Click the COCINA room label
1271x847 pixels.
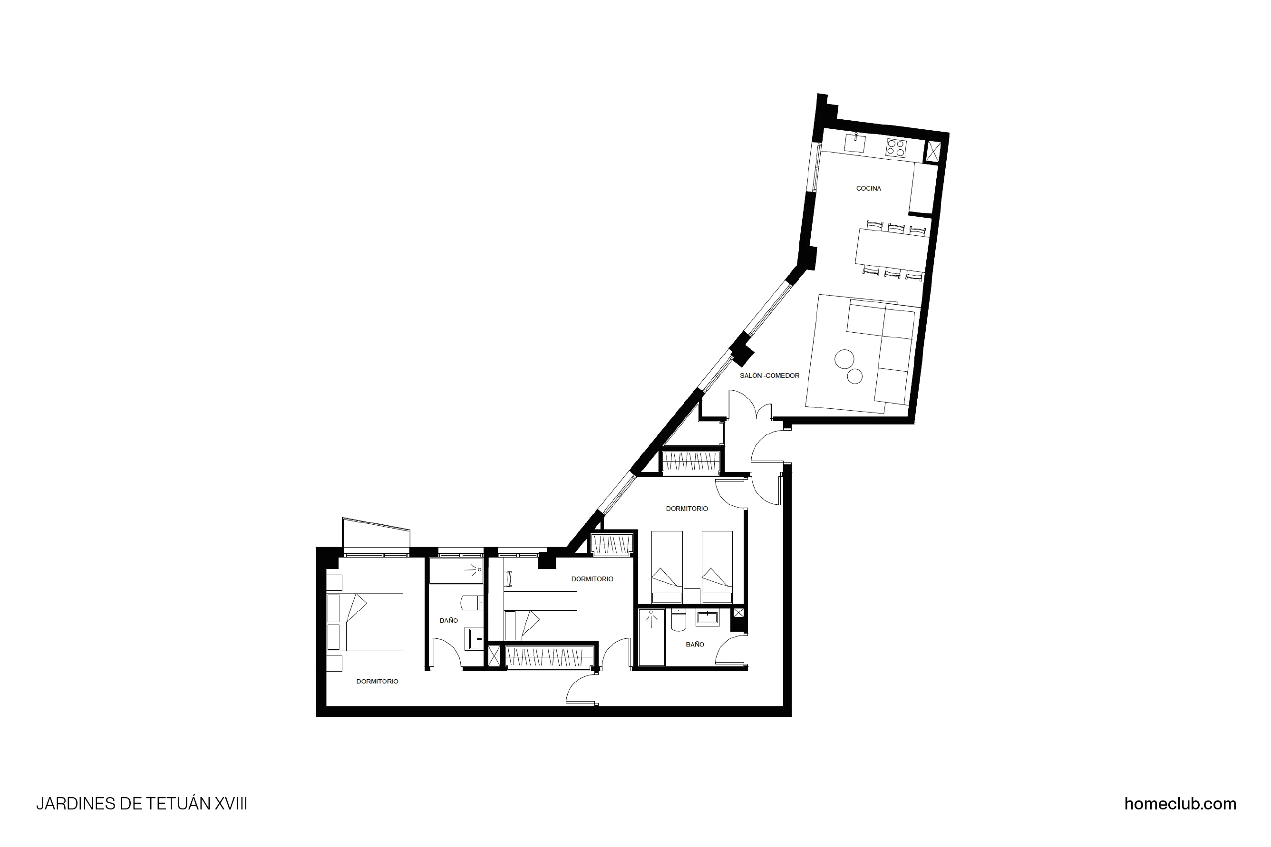868,189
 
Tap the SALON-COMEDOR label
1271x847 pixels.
769,375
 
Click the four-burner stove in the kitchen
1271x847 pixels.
895,147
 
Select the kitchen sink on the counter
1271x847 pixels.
855,144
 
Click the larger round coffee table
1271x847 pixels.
844,358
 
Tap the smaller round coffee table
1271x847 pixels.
855,376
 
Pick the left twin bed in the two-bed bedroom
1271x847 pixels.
667,567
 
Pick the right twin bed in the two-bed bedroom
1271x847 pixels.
717,567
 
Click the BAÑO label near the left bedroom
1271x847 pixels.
448,621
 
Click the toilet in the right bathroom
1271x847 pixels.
678,621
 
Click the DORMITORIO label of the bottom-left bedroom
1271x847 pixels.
377,681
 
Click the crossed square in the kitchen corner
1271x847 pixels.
933,151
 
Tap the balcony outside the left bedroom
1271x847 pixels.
376,534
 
